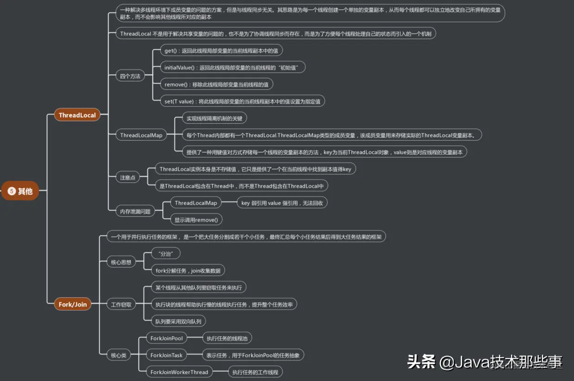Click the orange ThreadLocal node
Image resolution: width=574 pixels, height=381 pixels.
pyautogui.click(x=77, y=115)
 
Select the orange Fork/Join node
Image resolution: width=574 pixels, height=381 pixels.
pyautogui.click(x=72, y=304)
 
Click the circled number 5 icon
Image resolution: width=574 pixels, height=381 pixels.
pyautogui.click(x=12, y=191)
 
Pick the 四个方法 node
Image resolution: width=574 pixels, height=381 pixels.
pyautogui.click(x=130, y=76)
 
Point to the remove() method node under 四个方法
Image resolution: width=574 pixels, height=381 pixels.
pyautogui.click(x=216, y=84)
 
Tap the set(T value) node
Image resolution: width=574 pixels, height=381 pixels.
pyautogui.click(x=242, y=101)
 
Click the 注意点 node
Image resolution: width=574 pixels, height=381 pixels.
pyautogui.click(x=127, y=177)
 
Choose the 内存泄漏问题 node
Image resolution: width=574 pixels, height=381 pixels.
pyautogui.click(x=135, y=212)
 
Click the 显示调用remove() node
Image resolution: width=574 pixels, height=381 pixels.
pyautogui.click(x=195, y=219)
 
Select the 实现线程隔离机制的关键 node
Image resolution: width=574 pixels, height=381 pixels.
pyautogui.click(x=214, y=118)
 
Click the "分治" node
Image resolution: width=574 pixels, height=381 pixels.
pyautogui.click(x=165, y=254)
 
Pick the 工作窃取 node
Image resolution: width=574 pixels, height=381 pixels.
pyautogui.click(x=121, y=304)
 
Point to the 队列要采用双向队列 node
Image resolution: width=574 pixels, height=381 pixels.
pyautogui.click(x=178, y=321)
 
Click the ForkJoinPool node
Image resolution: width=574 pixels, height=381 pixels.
pyautogui.click(x=167, y=338)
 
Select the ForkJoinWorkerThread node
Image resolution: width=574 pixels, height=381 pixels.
pyautogui.click(x=179, y=372)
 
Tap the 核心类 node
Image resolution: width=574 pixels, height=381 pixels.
pyautogui.click(x=118, y=355)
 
